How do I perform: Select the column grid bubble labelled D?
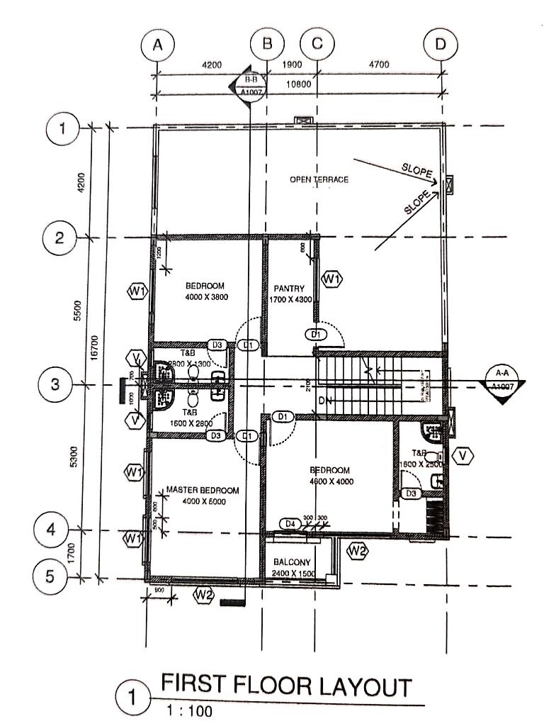[x=441, y=44]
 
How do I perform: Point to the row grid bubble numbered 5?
[x=50, y=576]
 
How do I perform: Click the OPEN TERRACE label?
[x=319, y=180]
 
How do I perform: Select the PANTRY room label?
[x=289, y=289]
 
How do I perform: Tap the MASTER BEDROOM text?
[x=203, y=490]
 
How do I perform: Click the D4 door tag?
[x=288, y=523]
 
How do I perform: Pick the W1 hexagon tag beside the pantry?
[x=331, y=279]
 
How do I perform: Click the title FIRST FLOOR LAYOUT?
[x=286, y=687]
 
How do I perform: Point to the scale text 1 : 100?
[x=188, y=710]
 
